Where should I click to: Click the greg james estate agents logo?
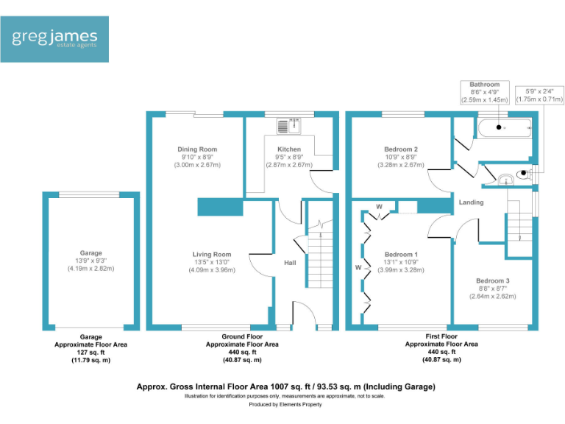tap(55, 39)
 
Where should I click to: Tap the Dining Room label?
tap(197, 149)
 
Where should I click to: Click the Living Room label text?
tap(212, 255)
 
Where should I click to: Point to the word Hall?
tap(290, 262)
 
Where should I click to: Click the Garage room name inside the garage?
tap(91, 253)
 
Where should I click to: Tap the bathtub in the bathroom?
tap(503, 128)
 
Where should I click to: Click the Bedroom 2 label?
tap(401, 149)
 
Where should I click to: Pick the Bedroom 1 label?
tap(401, 255)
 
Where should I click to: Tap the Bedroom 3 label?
tap(492, 281)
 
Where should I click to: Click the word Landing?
tap(471, 202)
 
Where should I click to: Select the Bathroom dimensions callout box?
tap(485, 92)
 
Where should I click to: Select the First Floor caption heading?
tap(441, 337)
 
